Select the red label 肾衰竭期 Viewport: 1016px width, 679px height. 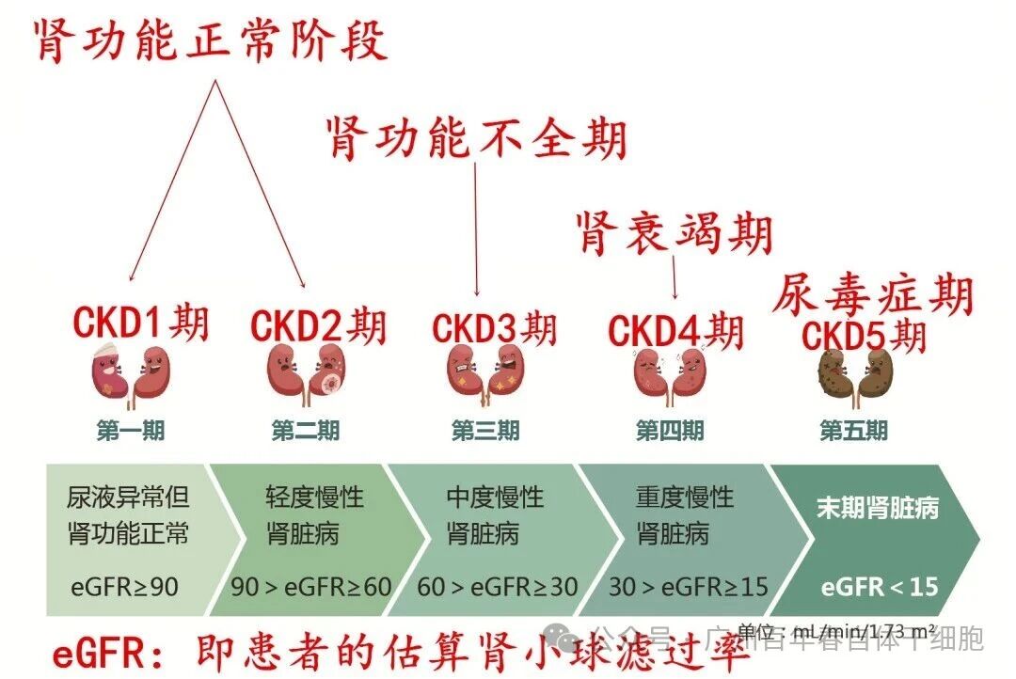point(674,232)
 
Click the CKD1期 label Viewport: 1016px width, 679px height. point(141,322)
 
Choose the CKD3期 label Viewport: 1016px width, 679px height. point(494,328)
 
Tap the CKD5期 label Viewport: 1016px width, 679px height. point(864,336)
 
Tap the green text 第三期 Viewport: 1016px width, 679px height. point(485,431)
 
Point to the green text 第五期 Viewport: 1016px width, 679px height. point(853,431)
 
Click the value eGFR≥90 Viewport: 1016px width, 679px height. point(124,587)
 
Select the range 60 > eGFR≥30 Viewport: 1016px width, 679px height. point(497,587)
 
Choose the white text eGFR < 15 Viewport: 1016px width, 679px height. point(880,587)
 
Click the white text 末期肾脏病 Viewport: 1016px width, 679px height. point(877,509)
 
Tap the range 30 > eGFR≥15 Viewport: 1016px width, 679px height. point(688,587)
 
